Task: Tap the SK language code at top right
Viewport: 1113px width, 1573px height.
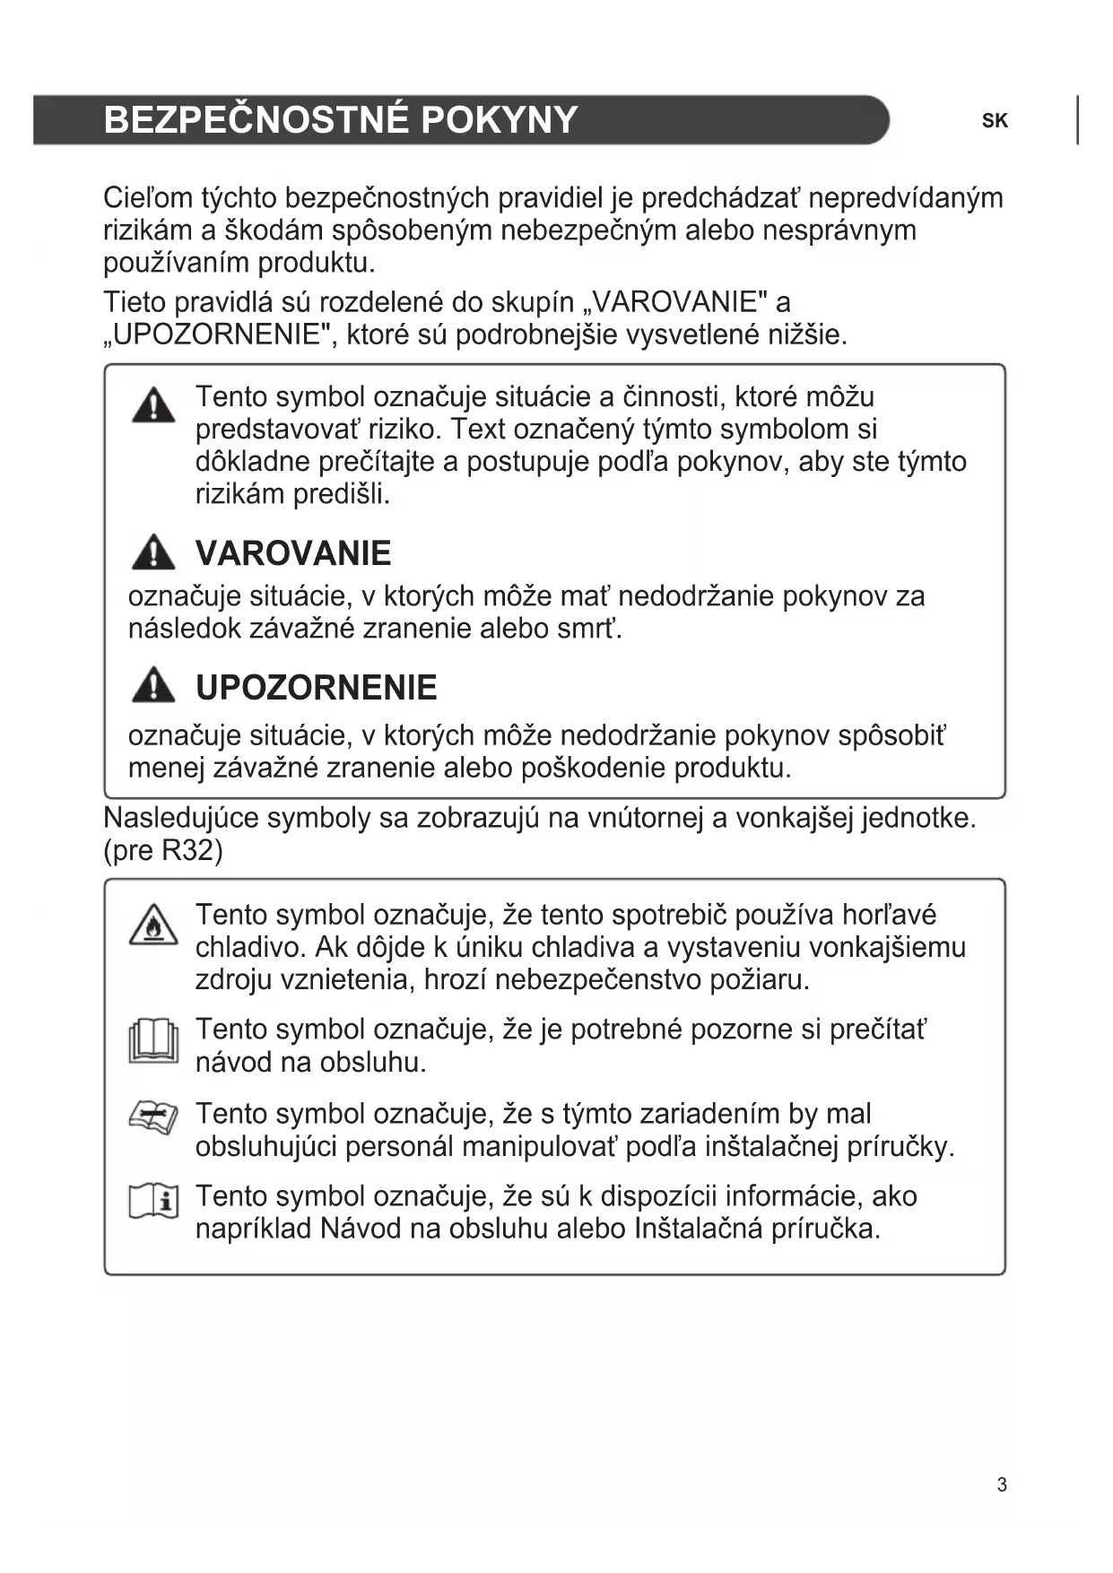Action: pyautogui.click(x=995, y=121)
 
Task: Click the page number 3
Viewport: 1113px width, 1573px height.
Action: pyautogui.click(x=1002, y=1485)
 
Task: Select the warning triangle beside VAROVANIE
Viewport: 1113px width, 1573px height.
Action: pyautogui.click(x=153, y=553)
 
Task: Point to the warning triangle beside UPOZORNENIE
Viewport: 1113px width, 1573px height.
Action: pyautogui.click(x=153, y=686)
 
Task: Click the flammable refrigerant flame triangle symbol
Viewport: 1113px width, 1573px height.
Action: pyautogui.click(x=153, y=925)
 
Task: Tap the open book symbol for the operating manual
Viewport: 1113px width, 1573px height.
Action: pyautogui.click(x=153, y=1040)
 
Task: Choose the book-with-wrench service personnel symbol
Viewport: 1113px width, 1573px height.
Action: pyautogui.click(x=153, y=1118)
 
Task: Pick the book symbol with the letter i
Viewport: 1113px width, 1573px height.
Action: pyautogui.click(x=153, y=1202)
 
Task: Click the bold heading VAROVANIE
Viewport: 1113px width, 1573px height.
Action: pyautogui.click(x=293, y=553)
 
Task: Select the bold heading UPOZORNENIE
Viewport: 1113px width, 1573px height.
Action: pyautogui.click(x=316, y=688)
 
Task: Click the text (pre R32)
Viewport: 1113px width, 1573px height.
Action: pyautogui.click(x=163, y=850)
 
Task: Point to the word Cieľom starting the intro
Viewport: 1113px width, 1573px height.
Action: pyautogui.click(x=148, y=198)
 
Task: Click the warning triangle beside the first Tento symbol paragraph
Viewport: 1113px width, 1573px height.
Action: pyautogui.click(x=153, y=405)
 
